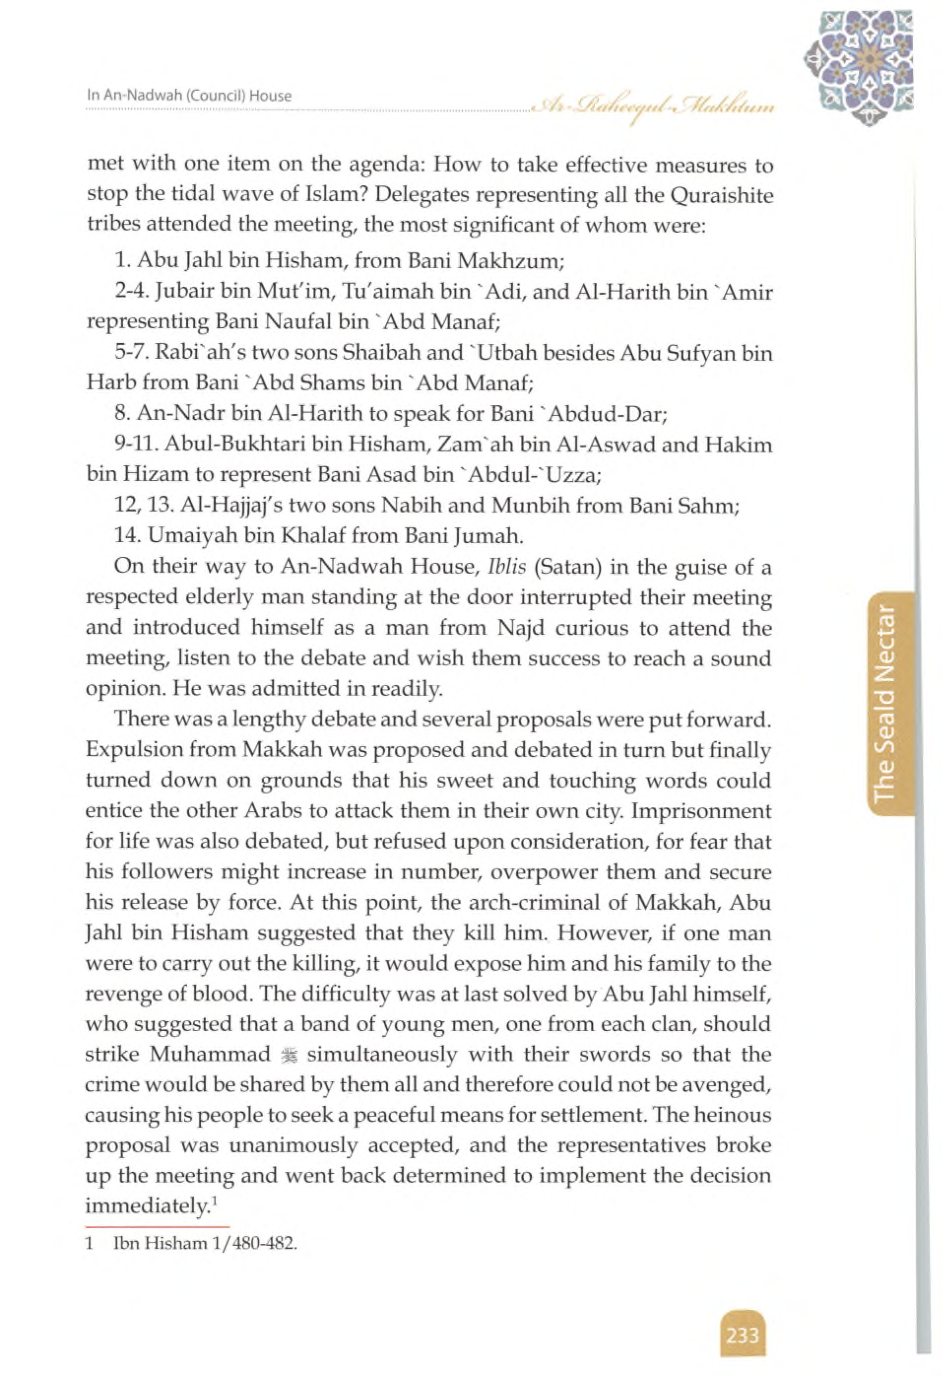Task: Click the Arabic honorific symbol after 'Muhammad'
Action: (289, 1055)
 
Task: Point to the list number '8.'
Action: (122, 413)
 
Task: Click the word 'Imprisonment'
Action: (702, 811)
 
